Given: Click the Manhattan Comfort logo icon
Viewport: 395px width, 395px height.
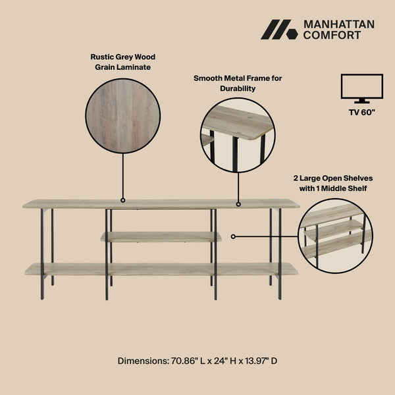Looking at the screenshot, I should tap(280, 30).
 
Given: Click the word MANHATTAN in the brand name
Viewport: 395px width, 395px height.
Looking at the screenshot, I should tap(338, 24).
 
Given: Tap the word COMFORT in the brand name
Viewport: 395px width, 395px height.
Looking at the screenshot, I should tap(331, 36).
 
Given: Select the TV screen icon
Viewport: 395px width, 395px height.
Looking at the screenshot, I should tap(361, 88).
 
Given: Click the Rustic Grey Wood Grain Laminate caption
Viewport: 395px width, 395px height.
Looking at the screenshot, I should tap(123, 62).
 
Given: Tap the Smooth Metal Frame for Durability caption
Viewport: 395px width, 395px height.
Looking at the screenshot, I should tap(238, 83).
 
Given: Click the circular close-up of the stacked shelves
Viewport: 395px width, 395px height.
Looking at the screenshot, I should tap(334, 236).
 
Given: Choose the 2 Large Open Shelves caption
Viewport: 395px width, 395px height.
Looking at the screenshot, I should tap(330, 183).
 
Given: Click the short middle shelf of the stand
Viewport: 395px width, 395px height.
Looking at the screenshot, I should tap(161, 236).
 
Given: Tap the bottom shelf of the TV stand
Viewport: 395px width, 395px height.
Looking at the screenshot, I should tap(161, 269).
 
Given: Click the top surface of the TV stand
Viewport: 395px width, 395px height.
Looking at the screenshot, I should tap(161, 204).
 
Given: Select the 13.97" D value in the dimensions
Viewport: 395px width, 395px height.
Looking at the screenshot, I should tap(258, 361).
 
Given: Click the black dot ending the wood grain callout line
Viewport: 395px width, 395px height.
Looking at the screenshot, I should tap(122, 199).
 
